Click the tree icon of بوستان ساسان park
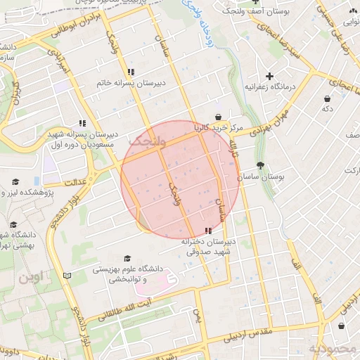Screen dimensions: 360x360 (x=261, y=166)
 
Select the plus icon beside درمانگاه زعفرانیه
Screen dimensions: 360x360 (x=269, y=75)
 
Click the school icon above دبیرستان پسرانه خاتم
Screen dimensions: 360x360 (x=131, y=72)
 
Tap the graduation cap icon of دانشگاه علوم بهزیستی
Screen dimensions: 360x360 (x=127, y=258)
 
